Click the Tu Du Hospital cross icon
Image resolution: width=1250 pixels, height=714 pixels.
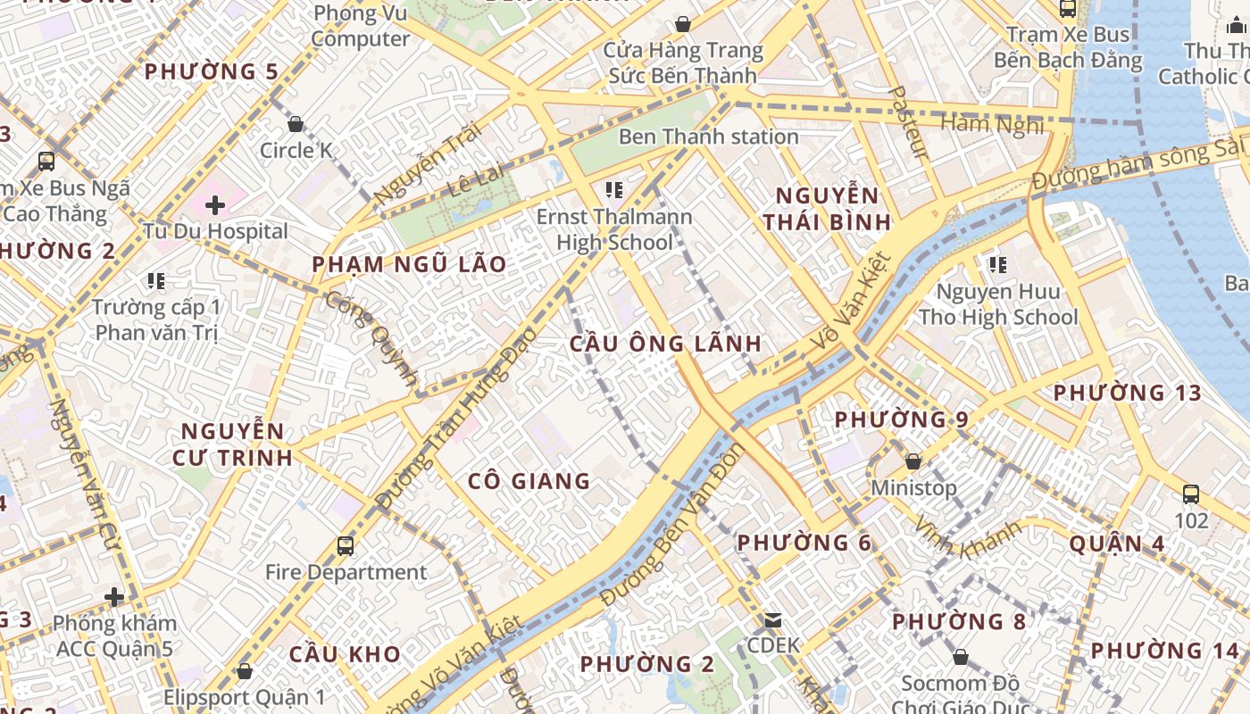click(x=215, y=205)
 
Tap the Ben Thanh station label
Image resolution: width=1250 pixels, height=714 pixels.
click(x=708, y=137)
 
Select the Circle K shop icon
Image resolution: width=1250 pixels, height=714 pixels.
click(x=296, y=124)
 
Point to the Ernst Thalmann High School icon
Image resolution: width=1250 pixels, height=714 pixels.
click(x=613, y=189)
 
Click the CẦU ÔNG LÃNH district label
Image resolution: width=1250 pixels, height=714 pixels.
click(x=666, y=344)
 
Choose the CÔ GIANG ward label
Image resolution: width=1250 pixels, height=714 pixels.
click(x=529, y=482)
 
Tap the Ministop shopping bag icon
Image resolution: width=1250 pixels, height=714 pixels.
click(x=913, y=461)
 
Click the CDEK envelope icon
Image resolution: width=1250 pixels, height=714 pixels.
click(x=773, y=619)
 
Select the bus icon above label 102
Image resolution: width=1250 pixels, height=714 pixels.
click(x=1190, y=494)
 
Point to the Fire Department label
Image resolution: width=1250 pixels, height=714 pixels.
click(x=346, y=572)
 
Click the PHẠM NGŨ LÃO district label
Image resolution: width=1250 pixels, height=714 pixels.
click(x=409, y=264)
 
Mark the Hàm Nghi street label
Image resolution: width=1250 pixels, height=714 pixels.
click(x=992, y=124)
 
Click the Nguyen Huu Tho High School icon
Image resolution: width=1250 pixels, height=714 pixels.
click(x=998, y=265)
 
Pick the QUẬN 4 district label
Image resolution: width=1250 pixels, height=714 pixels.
click(x=1117, y=544)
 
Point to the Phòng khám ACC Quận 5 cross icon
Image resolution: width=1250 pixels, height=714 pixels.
click(x=114, y=596)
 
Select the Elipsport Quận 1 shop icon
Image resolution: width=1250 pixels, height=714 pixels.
click(x=245, y=671)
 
